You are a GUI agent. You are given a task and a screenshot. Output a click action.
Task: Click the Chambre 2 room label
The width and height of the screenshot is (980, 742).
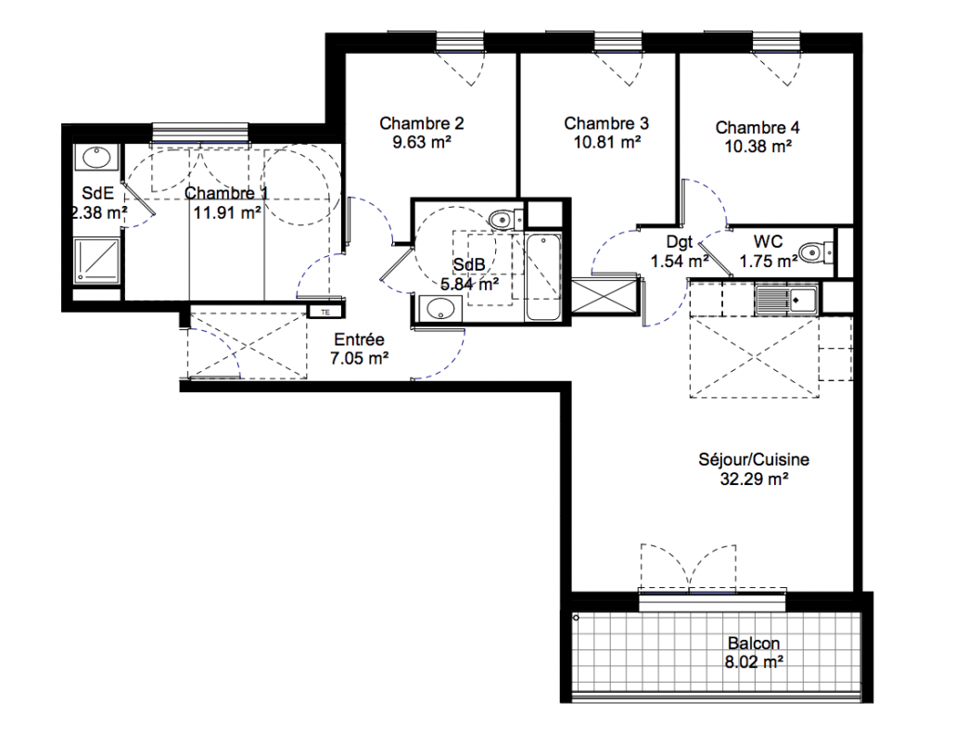421,123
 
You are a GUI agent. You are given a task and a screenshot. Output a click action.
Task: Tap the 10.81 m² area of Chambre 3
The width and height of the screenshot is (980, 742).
607,143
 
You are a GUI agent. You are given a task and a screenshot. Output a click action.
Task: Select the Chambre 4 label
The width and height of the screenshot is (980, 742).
757,127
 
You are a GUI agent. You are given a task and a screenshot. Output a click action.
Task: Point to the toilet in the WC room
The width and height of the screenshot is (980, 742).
816,252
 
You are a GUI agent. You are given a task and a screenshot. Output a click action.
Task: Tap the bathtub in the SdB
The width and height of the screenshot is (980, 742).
543,276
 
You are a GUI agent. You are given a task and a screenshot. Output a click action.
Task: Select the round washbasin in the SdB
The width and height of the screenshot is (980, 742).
439,309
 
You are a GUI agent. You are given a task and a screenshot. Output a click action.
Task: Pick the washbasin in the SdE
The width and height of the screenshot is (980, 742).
96,158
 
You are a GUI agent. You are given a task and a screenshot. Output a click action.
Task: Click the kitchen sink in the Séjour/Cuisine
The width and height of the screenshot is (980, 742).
785,300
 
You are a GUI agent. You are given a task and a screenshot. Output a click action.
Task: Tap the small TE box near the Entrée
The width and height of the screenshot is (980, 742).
325,312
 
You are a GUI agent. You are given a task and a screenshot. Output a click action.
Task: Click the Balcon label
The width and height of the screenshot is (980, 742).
754,644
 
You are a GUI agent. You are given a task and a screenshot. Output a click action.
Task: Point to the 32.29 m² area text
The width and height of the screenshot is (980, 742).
754,480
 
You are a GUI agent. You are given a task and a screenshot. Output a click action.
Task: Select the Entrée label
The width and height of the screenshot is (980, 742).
360,339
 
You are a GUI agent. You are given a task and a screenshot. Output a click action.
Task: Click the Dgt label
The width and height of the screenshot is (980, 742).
680,242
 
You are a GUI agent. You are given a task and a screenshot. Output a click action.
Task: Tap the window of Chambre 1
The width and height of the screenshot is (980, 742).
200,133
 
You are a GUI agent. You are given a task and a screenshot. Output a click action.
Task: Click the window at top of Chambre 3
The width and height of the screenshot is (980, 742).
618,42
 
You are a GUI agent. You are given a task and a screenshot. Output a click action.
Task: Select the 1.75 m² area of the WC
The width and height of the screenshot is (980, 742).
769,261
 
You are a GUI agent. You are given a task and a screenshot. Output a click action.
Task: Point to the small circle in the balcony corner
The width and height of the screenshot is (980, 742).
577,618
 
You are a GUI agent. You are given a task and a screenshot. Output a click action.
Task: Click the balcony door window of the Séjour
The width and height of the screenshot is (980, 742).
712,601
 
